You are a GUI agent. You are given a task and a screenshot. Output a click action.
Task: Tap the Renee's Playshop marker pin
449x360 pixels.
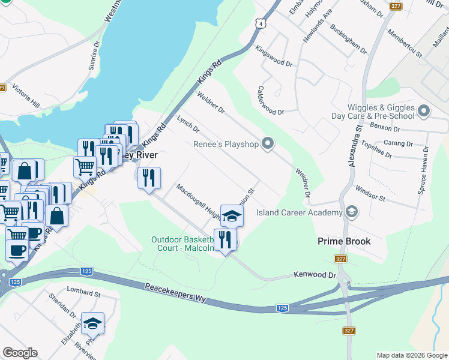[268, 143]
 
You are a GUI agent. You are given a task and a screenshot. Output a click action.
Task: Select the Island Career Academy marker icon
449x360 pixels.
[351, 211]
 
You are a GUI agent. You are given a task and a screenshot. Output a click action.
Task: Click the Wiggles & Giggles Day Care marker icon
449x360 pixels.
[424, 111]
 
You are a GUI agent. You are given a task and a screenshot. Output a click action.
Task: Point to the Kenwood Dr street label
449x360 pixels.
[315, 275]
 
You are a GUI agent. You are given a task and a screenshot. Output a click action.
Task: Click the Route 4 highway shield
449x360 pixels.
[259, 23]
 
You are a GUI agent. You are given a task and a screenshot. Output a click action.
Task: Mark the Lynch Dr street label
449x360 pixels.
[188, 125]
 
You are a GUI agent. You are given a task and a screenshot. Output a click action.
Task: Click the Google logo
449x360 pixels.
[20, 353]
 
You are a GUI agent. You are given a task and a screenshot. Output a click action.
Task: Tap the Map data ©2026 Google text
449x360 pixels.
[411, 355]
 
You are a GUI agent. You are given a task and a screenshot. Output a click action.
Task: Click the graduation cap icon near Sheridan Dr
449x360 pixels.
[93, 323]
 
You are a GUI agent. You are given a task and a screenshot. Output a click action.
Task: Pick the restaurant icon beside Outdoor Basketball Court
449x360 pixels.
[225, 239]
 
